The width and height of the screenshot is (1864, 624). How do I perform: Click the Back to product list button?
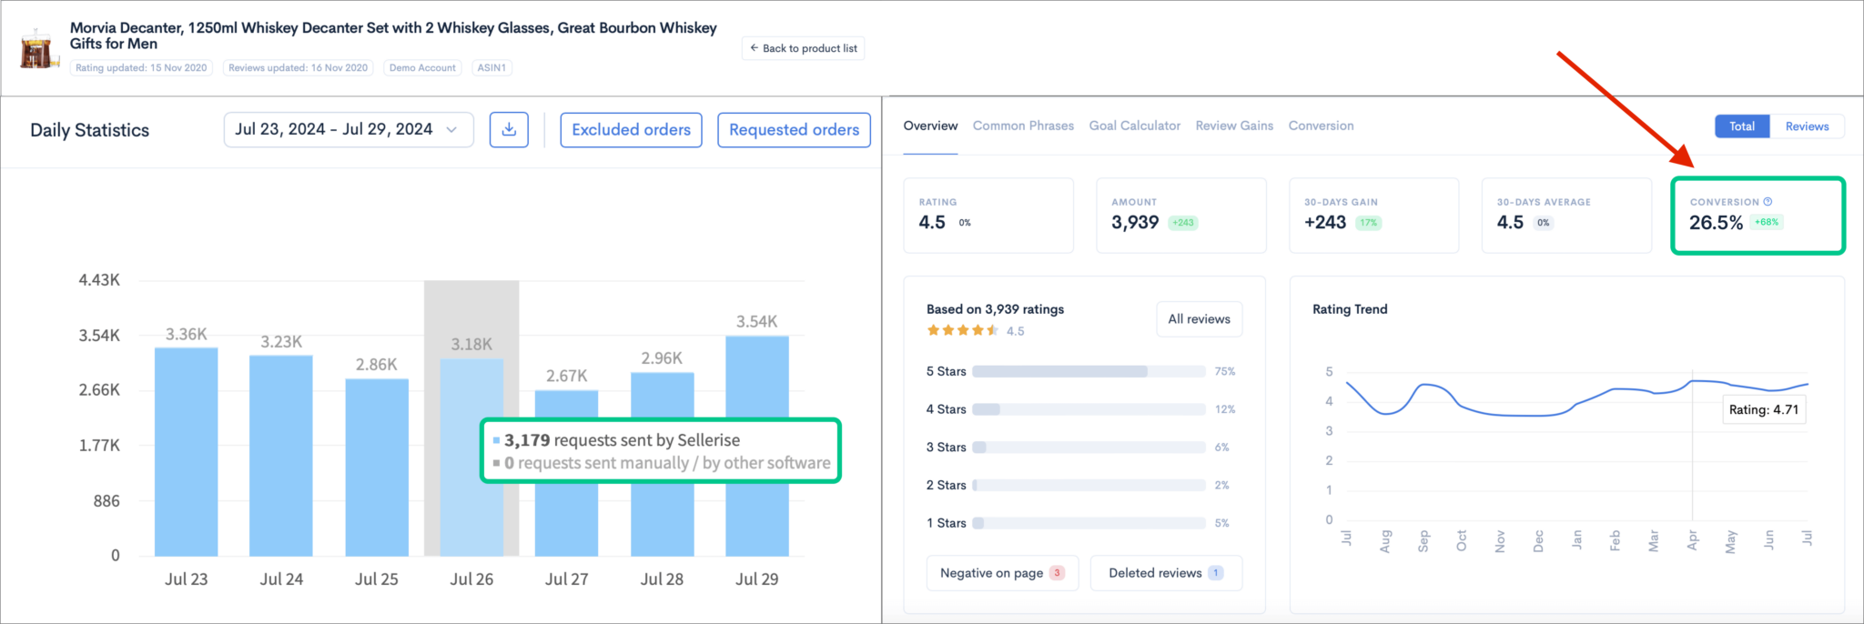803,48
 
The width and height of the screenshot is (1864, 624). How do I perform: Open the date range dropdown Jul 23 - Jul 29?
348,129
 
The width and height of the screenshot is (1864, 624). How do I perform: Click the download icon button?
509,129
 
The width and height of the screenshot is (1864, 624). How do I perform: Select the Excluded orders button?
631,129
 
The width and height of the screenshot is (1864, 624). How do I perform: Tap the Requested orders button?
794,129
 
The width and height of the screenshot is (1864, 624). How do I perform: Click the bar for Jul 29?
756,446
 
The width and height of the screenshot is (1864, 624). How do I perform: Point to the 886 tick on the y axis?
106,501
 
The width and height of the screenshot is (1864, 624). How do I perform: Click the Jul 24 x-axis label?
281,579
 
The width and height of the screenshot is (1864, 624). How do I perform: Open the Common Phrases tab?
1023,126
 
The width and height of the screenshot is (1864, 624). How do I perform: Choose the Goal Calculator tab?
1134,126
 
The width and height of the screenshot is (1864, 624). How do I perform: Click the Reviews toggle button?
1806,126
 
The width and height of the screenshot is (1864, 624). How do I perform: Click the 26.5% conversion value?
1716,223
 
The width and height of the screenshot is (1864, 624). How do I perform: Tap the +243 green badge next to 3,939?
1182,223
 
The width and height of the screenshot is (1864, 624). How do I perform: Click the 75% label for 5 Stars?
1224,371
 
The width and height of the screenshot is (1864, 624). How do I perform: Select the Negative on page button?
1001,573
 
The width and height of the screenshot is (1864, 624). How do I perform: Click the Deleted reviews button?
1165,573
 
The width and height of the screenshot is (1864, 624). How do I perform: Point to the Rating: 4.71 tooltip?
1763,409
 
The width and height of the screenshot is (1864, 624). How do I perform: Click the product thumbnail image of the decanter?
39,49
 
